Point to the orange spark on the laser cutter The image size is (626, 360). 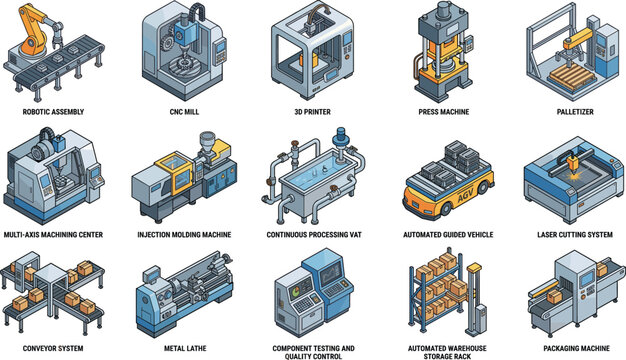tap(572, 159)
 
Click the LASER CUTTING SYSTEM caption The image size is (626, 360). tap(562, 234)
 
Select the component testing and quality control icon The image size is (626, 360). tap(313, 290)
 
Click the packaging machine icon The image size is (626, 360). tap(562, 290)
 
